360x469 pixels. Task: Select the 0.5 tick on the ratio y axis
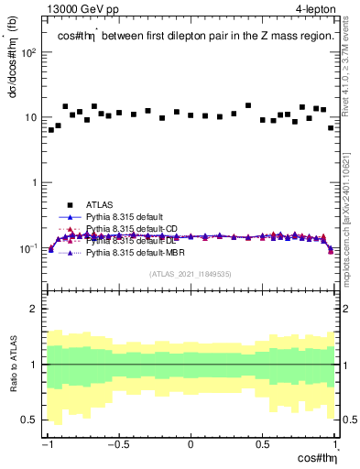(x=33, y=420)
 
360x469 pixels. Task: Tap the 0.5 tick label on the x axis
(x=262, y=444)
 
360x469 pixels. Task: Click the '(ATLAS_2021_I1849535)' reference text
(x=191, y=273)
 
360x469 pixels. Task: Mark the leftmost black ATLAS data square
(x=51, y=130)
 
